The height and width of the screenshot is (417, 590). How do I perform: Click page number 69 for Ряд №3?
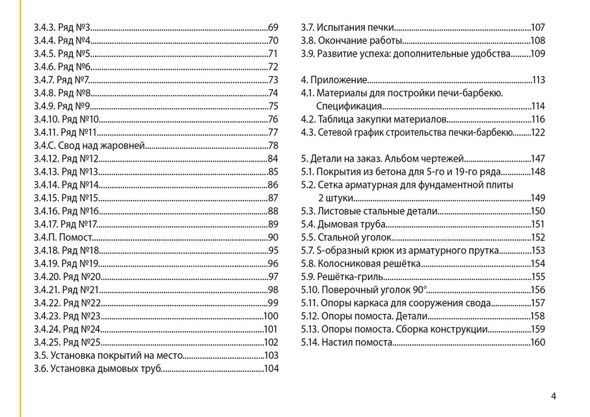[x=273, y=27]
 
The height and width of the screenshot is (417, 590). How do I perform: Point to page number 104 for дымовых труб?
[x=271, y=369]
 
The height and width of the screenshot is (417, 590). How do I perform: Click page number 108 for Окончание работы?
[x=537, y=40]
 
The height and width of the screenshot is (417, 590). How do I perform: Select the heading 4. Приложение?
[x=334, y=80]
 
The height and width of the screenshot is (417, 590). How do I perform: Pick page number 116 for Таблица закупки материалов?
[x=537, y=119]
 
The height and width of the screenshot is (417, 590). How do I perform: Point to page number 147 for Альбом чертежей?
[x=537, y=159]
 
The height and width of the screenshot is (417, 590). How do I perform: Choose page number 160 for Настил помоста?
[x=537, y=343]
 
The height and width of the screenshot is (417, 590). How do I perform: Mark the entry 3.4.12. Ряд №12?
[x=66, y=158]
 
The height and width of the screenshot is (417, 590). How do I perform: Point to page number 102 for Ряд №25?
[x=271, y=343]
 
